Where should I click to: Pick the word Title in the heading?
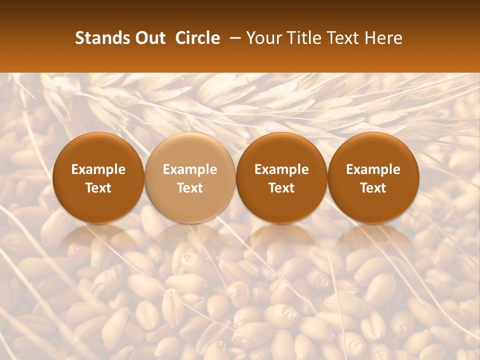pos(305,38)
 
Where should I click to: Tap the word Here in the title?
pos(383,38)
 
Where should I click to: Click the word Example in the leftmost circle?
pos(98,169)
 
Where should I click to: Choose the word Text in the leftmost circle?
pos(98,188)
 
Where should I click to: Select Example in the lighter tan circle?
pos(190,169)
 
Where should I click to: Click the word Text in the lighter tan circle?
pos(190,188)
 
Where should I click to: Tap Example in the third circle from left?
pos(281,169)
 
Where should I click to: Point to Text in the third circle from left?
pos(281,188)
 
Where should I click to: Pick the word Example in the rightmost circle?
pos(373,169)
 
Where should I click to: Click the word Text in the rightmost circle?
pos(373,188)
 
